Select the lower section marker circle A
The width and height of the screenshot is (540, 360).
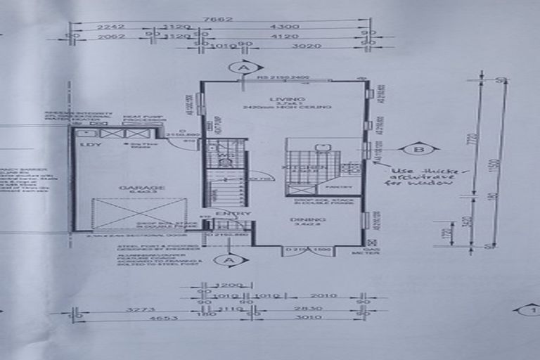[226, 260]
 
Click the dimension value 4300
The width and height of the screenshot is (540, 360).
[289, 27]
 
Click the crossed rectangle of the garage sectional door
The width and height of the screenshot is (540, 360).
[140, 213]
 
